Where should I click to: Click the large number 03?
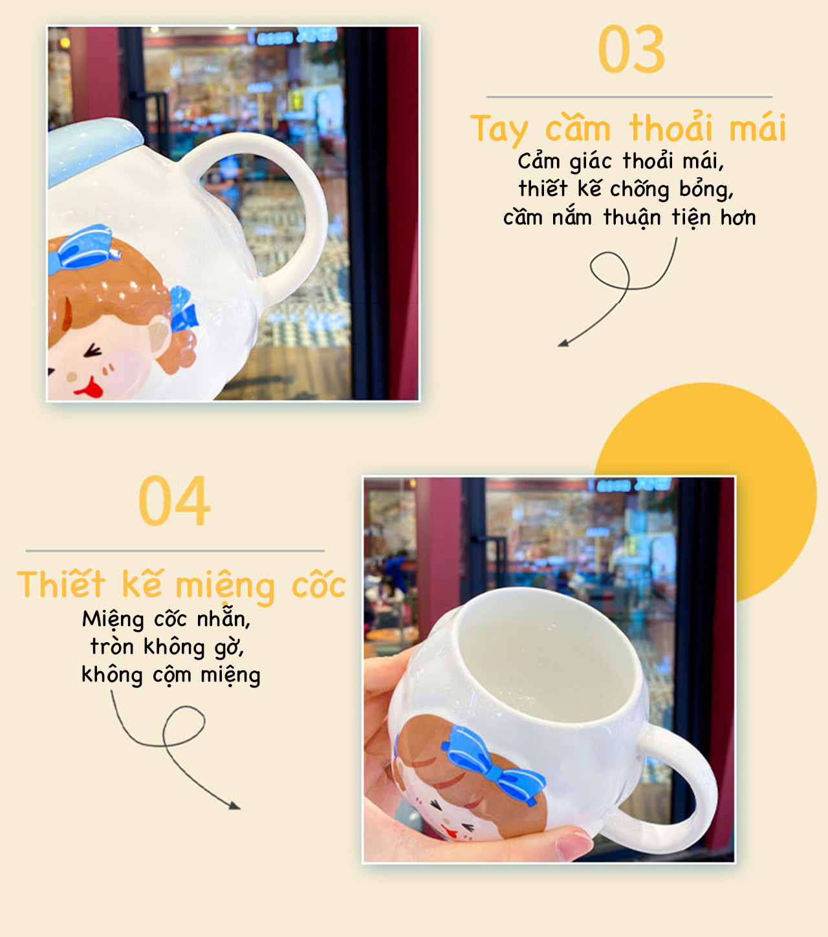pos(631,49)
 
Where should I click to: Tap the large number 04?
pos(174,501)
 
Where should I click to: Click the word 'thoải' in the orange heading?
pos(671,127)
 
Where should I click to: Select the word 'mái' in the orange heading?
pos(757,127)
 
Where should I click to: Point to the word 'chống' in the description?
pos(639,189)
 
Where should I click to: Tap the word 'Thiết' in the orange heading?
pos(61,585)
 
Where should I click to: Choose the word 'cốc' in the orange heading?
pos(318,585)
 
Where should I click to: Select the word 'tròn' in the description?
pos(111,647)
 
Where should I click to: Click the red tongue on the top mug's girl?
pos(92,389)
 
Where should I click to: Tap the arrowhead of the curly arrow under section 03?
pos(563,343)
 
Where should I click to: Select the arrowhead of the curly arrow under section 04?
pos(235,806)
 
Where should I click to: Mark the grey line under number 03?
pos(629,97)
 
